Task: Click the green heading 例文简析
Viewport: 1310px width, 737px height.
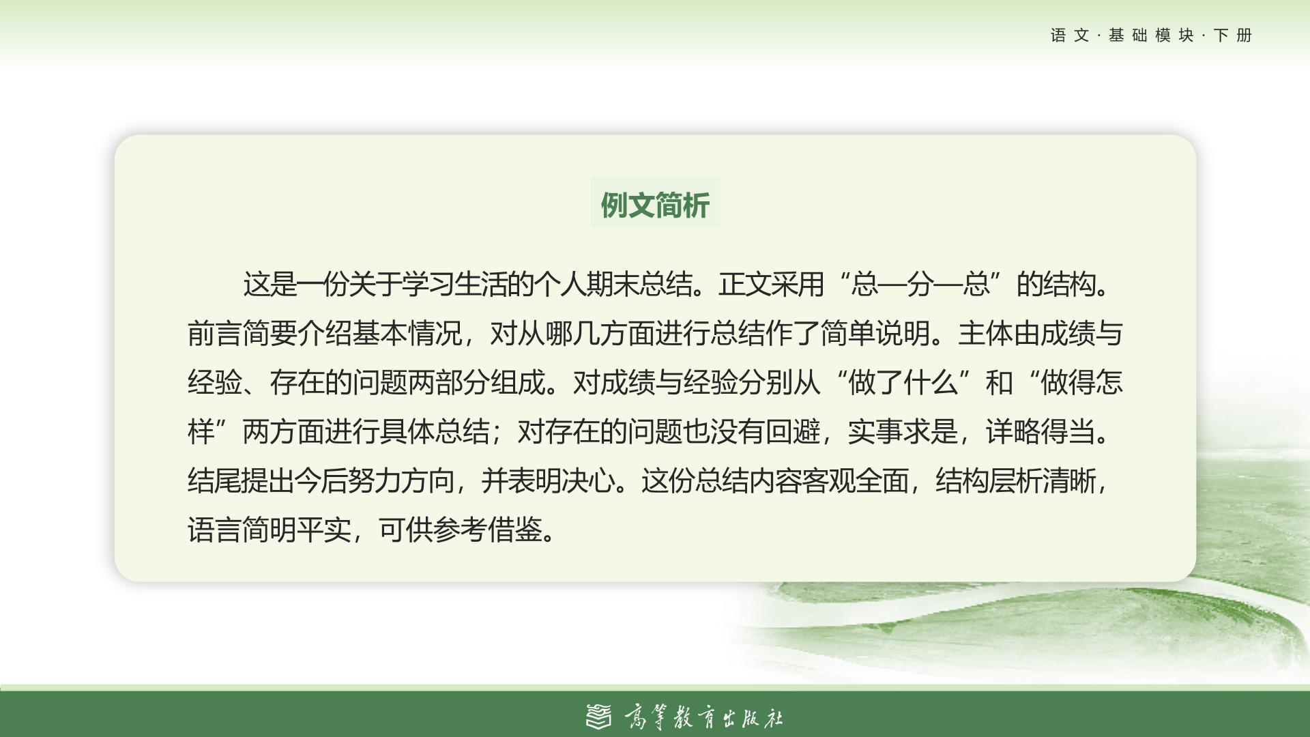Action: point(655,205)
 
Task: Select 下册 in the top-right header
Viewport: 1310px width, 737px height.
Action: point(1234,35)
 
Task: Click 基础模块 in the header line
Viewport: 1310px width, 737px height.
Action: point(1152,35)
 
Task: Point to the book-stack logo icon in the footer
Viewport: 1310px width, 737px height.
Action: point(599,717)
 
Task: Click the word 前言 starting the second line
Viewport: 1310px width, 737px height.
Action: point(215,334)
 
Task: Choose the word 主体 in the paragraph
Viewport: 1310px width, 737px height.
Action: point(985,334)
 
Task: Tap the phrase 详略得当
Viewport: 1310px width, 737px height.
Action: point(1040,432)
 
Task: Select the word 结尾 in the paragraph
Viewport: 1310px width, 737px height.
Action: point(214,481)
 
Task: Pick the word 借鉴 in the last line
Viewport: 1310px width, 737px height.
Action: point(515,530)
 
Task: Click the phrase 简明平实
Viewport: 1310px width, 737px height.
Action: point(297,530)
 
